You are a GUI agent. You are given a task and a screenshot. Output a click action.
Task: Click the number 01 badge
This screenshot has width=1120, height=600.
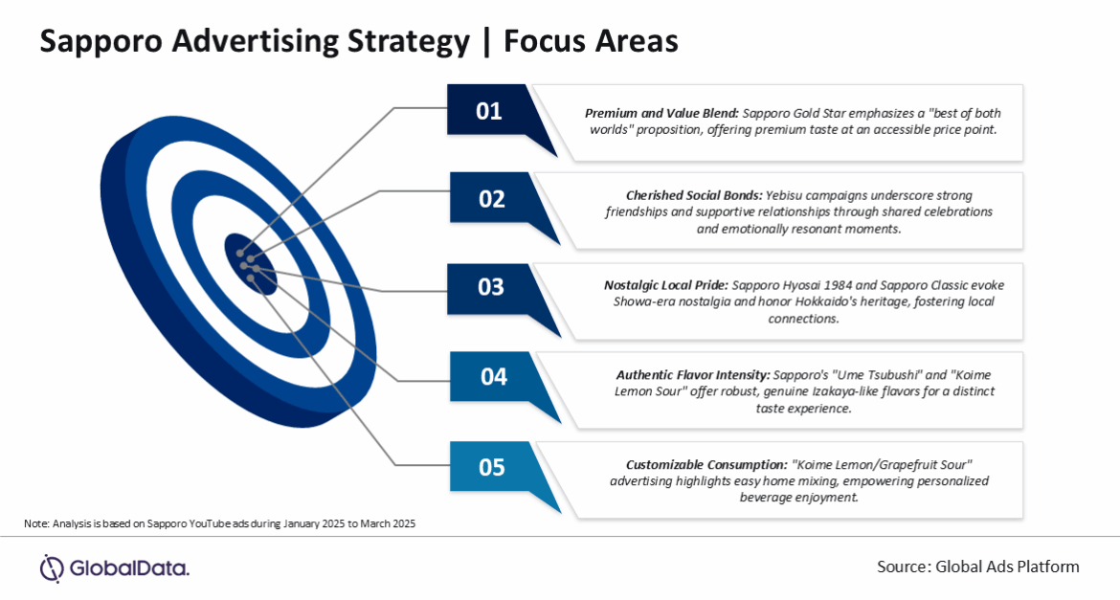[489, 111]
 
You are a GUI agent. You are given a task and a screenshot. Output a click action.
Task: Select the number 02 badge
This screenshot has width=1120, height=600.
[491, 199]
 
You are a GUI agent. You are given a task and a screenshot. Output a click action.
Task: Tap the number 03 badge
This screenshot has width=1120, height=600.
[491, 287]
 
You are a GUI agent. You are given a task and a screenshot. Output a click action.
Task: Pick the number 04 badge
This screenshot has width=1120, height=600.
[493, 377]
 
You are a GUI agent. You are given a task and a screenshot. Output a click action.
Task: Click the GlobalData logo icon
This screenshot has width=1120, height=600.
[51, 567]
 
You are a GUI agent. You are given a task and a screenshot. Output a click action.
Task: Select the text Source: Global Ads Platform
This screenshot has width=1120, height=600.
[977, 567]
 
